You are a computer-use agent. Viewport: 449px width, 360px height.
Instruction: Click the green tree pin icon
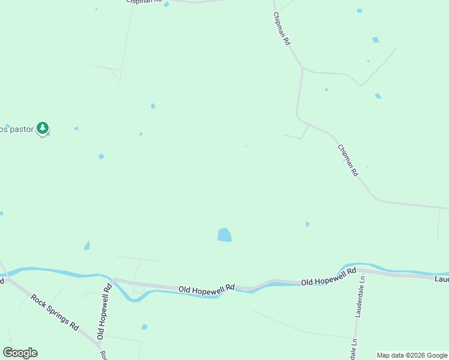tap(42, 128)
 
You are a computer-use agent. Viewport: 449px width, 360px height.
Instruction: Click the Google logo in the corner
tap(20, 353)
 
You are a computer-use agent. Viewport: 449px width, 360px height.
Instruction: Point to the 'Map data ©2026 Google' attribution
tap(412, 355)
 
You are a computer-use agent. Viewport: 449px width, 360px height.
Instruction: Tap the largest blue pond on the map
tap(224, 235)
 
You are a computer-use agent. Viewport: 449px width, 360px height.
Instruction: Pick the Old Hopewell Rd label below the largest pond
tap(206, 289)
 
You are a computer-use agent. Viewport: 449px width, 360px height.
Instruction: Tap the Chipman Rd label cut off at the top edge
tap(144, 2)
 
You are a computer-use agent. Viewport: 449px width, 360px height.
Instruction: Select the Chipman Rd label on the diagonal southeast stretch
tap(348, 160)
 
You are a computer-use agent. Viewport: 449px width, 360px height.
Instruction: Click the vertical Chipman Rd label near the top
tap(282, 29)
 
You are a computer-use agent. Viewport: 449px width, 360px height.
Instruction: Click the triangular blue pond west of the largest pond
tap(86, 245)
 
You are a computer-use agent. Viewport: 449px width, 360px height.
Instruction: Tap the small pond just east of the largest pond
tap(307, 224)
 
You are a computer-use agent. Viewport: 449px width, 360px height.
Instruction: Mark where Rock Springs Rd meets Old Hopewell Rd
tap(100, 346)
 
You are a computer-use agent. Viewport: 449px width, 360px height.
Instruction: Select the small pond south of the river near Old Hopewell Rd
tap(144, 327)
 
